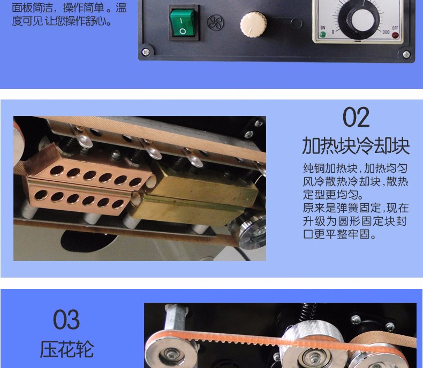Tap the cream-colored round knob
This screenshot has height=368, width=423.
(253, 25)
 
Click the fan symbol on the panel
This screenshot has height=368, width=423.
(215, 22)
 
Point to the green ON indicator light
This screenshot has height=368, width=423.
(323, 34)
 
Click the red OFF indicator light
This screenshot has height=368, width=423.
(395, 35)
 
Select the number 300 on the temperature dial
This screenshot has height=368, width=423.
(386, 32)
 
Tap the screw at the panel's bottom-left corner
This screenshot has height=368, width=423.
(146, 52)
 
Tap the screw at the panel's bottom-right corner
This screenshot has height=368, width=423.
(406, 55)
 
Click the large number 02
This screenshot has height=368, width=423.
(356, 117)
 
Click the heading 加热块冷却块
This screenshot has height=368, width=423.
(356, 145)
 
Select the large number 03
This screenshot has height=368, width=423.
(66, 319)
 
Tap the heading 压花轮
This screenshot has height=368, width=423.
(66, 349)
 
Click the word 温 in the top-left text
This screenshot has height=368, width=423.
(121, 8)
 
